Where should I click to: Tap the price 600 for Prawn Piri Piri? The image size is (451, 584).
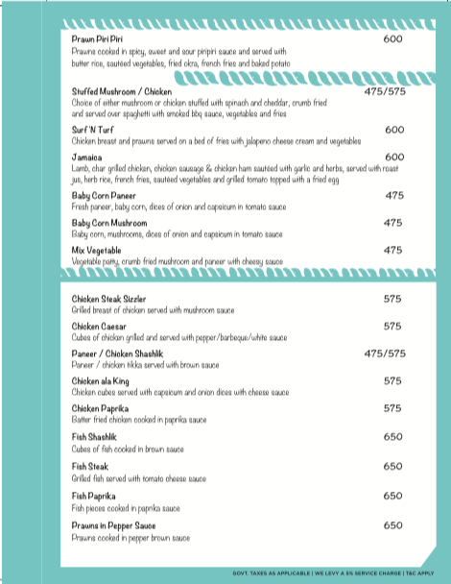pos(392,39)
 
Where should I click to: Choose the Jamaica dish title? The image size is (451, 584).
pos(88,157)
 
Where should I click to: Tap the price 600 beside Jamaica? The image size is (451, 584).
pos(393,157)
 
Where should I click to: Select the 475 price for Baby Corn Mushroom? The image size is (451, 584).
pos(393,223)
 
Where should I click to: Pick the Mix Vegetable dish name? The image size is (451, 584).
pos(98,250)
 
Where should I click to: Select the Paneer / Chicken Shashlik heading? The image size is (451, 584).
pos(125,353)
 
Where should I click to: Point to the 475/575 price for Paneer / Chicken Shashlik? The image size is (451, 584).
pos(385,353)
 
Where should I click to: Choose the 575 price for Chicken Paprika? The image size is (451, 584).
pos(392,408)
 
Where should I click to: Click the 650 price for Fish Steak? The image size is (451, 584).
pos(392,467)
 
